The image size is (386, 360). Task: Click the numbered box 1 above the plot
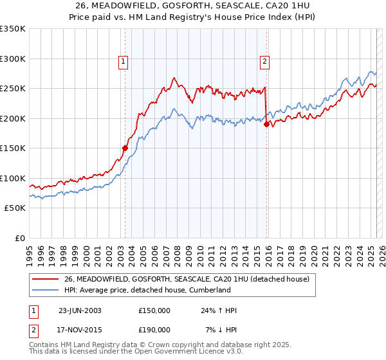click(123, 62)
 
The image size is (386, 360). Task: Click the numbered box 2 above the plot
click(264, 62)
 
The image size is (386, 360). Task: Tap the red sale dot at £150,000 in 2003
click(125, 148)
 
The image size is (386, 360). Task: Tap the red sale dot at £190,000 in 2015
click(266, 124)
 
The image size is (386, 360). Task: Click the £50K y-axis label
click(15, 208)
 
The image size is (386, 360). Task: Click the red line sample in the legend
click(45, 279)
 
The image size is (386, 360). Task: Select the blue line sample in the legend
click(45, 290)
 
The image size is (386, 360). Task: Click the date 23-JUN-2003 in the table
click(80, 310)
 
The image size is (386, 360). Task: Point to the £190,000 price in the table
click(154, 329)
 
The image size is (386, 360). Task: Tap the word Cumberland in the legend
click(209, 290)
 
